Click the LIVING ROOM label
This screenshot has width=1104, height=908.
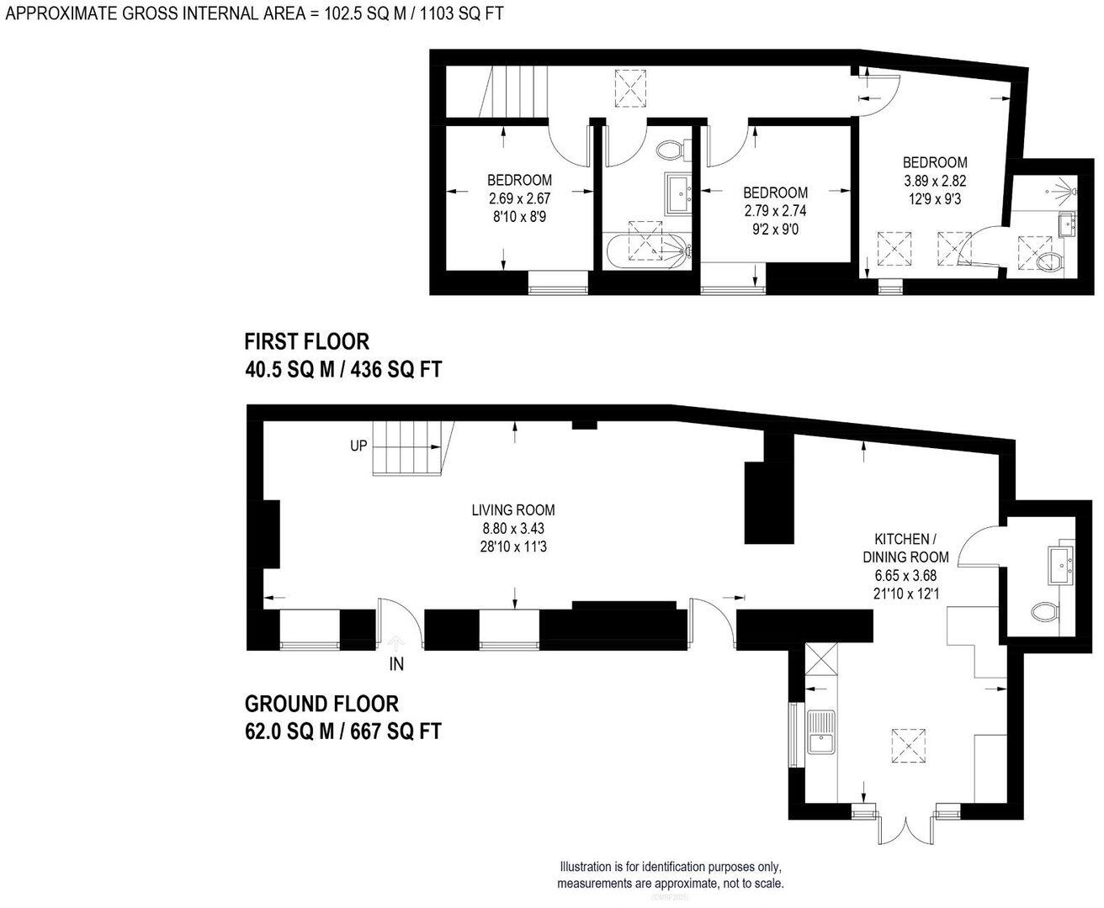[512, 510]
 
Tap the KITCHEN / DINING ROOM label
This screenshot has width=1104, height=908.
[905, 547]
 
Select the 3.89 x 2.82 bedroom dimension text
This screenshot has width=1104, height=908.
[935, 181]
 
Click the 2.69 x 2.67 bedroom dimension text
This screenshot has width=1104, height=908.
[519, 198]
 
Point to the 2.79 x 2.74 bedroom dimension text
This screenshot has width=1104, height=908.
[775, 210]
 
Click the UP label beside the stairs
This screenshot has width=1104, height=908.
[358, 446]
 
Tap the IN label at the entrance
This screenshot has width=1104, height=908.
[396, 664]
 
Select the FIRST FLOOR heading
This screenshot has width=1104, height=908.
[306, 341]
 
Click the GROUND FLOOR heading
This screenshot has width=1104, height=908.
[321, 704]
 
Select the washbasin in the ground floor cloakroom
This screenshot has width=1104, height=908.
[1059, 565]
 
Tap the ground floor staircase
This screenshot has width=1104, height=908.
[412, 447]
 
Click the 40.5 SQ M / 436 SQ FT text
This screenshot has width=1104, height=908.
[342, 370]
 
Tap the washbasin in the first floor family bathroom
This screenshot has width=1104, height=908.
[678, 194]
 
